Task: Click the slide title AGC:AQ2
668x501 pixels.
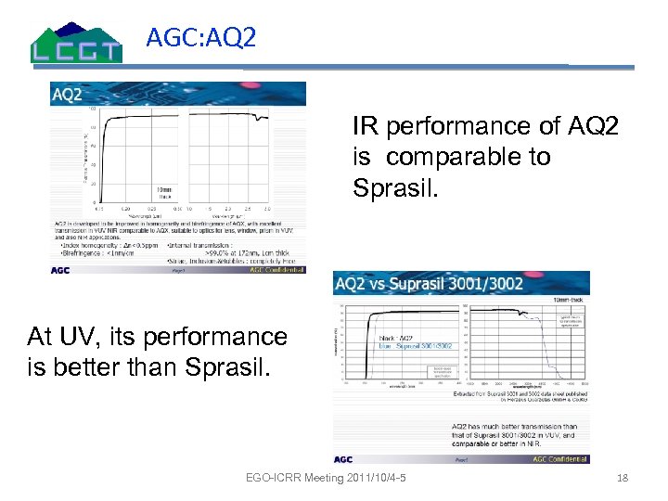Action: (x=200, y=38)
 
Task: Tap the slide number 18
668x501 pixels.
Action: (x=623, y=478)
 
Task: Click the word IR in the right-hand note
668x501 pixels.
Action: (x=365, y=125)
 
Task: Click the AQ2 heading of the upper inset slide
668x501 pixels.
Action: (x=67, y=93)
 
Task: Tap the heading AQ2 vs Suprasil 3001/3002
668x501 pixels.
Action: (x=430, y=283)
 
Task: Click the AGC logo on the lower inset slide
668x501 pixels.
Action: (x=344, y=458)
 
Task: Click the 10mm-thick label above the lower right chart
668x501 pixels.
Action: (x=568, y=297)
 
